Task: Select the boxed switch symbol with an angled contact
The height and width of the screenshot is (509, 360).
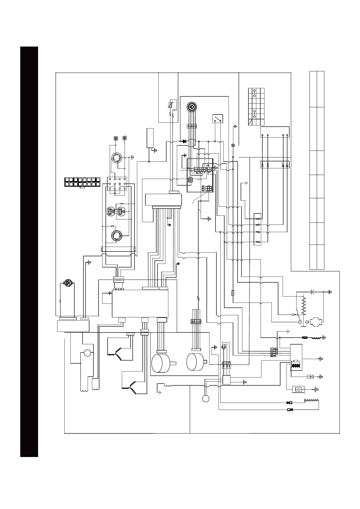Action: pyautogui.click(x=218, y=119)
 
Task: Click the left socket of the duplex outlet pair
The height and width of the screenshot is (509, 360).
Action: pyautogui.click(x=111, y=212)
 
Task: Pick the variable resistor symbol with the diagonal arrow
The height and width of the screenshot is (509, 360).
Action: pyautogui.click(x=171, y=105)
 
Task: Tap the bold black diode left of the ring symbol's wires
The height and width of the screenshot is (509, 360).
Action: pyautogui.click(x=183, y=141)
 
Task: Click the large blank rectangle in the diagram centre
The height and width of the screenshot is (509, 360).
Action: pyautogui.click(x=140, y=303)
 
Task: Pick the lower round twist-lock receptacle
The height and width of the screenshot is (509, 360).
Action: pyautogui.click(x=116, y=235)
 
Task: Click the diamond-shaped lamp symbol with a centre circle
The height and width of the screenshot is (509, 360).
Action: pyautogui.click(x=233, y=146)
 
